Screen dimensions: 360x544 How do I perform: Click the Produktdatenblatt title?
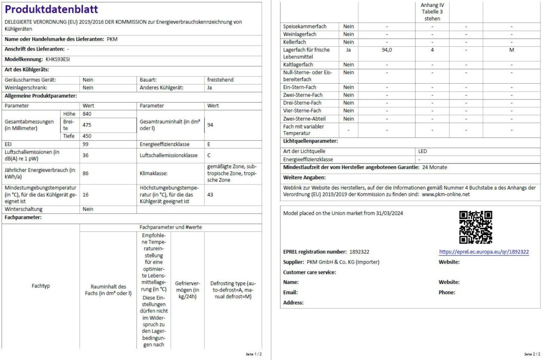pos(51,9)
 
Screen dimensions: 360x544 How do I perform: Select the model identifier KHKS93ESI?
pos(58,59)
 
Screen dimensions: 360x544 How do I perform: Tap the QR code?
pos(475,227)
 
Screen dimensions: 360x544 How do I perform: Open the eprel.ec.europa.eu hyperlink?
pos(484,252)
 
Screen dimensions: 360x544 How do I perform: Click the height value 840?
pos(87,114)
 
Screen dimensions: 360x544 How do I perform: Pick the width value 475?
pos(87,125)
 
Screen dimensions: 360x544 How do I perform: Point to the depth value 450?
pos(87,136)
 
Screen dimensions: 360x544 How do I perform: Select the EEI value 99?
pos(86,144)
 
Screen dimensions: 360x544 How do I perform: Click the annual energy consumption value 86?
pos(86,173)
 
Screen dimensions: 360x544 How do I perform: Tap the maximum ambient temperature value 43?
pos(210,195)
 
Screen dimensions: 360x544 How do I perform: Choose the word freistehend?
pos(220,80)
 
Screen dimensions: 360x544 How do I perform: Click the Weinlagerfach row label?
pos(300,34)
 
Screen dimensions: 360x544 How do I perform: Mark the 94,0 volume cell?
pos(387,50)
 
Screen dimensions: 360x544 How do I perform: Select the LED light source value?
pos(423,151)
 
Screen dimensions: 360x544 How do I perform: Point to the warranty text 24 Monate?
pos(434,167)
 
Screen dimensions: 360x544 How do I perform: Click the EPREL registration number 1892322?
pos(359,252)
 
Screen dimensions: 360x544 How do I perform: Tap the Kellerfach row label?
pos(294,42)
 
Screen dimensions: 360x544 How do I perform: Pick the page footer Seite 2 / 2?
pos(532,354)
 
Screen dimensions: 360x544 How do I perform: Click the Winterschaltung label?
pos(24,209)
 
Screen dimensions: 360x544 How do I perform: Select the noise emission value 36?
pos(86,155)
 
